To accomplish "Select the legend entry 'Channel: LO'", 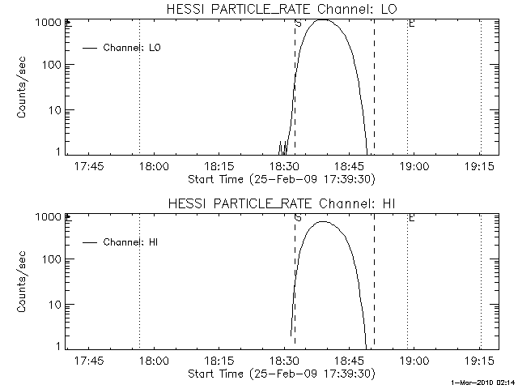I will (x=133, y=48).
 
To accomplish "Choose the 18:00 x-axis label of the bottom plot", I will (x=153, y=361).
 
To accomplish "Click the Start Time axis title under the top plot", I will (x=279, y=179).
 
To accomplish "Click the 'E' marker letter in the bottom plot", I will (x=411, y=218).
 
